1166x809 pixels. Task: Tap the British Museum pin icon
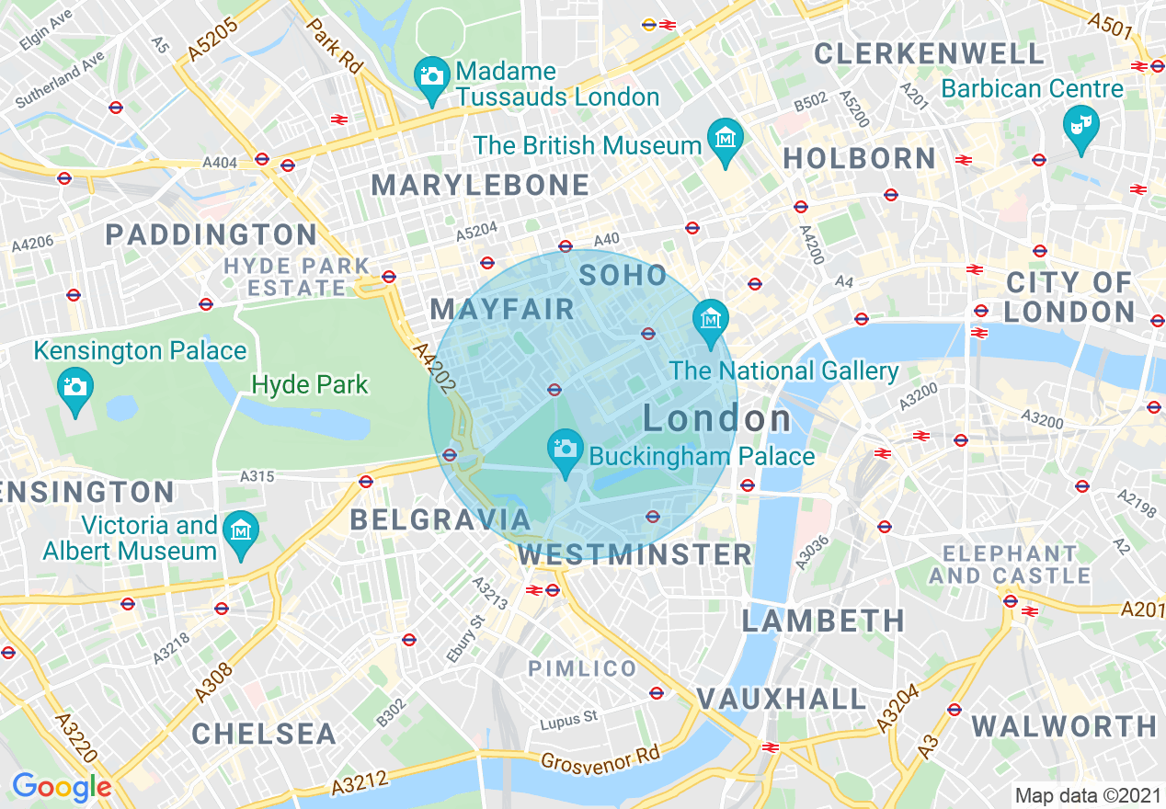[726, 138]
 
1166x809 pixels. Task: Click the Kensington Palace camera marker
[74, 386]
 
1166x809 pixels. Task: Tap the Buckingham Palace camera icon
[565, 449]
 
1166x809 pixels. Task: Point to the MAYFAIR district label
[502, 309]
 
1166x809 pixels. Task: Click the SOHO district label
[623, 274]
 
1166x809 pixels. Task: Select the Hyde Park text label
[310, 384]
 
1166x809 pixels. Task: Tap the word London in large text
[717, 419]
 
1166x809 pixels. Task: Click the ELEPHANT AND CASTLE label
[1009, 564]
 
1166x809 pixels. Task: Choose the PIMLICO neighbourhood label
[582, 668]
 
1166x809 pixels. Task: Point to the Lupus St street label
[568, 718]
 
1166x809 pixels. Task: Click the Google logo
[62, 787]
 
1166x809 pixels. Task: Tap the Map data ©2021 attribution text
[1088, 796]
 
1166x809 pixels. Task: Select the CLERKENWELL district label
[929, 53]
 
